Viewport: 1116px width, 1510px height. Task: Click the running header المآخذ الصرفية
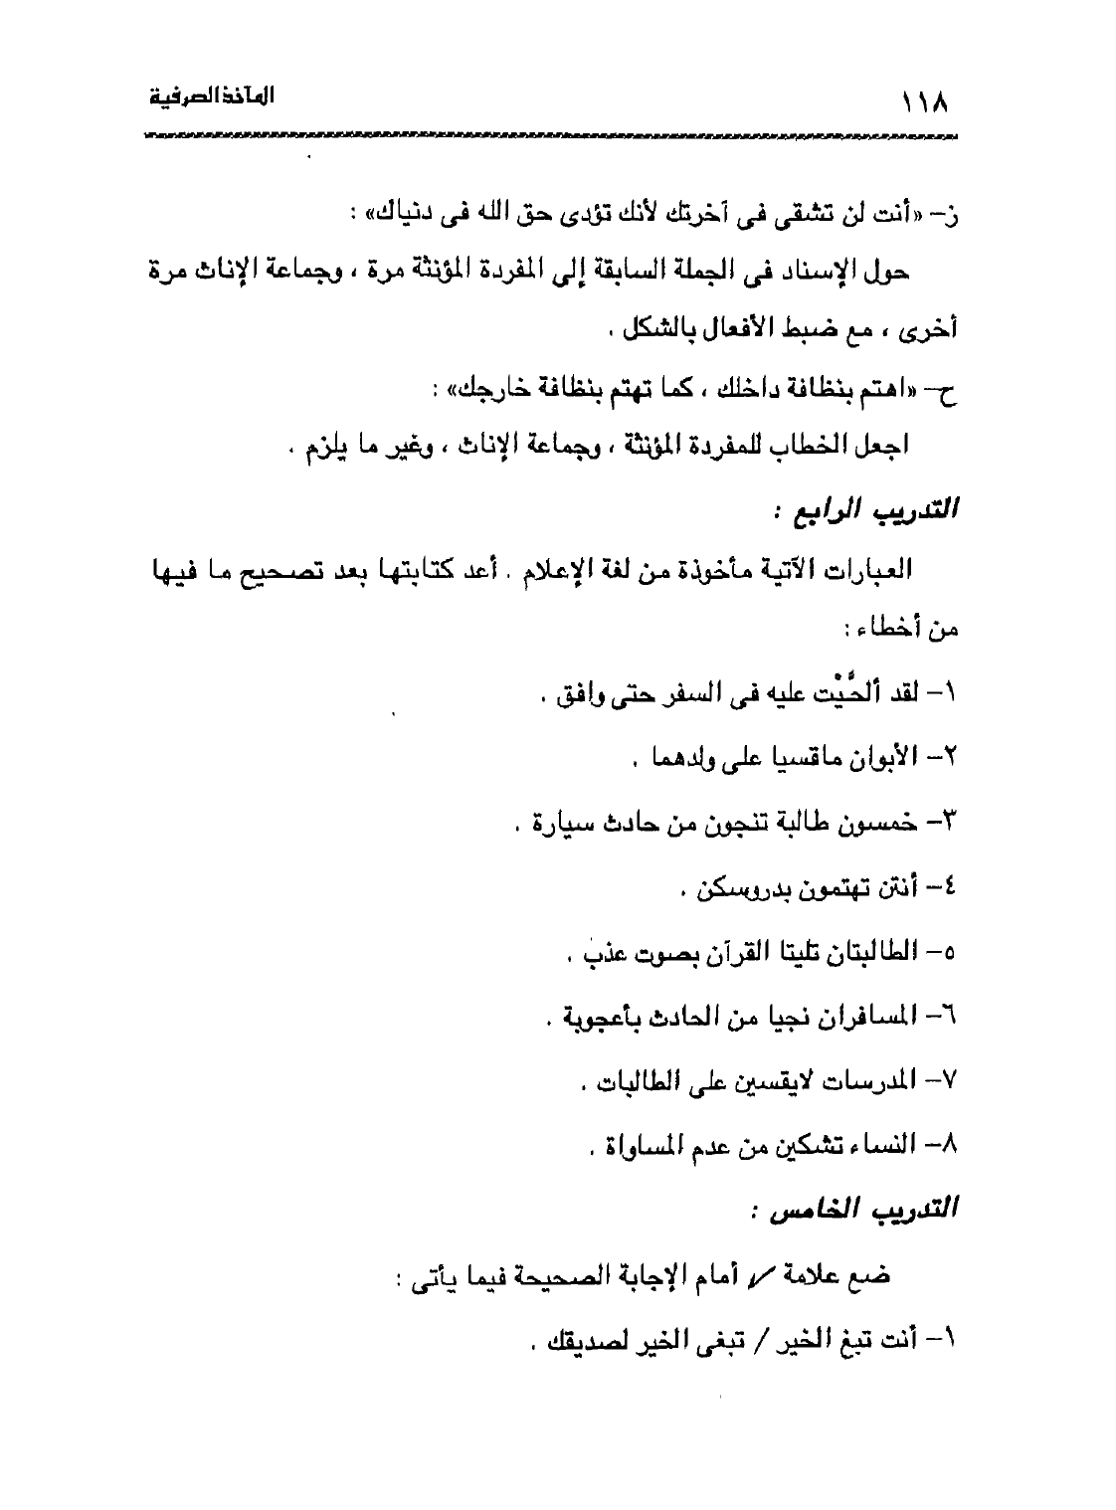(x=211, y=98)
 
